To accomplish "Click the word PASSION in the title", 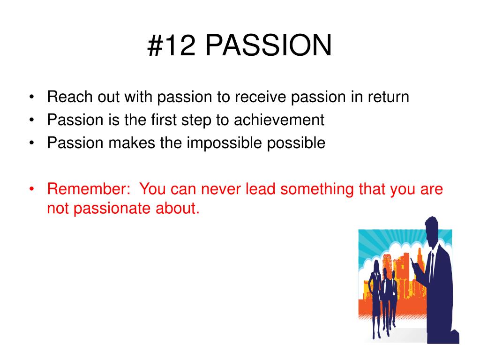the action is coord(268,45).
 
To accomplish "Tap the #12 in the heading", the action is coord(172,45).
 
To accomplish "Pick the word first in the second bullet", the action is coord(164,120).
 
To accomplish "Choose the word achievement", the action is coord(279,120).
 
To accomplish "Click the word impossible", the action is coord(225,143).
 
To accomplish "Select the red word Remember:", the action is coord(89,188).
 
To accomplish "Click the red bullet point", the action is coord(31,188).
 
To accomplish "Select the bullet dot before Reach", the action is coord(31,97).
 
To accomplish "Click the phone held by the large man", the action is coord(413,262).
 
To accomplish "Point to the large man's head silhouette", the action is coord(432,230).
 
